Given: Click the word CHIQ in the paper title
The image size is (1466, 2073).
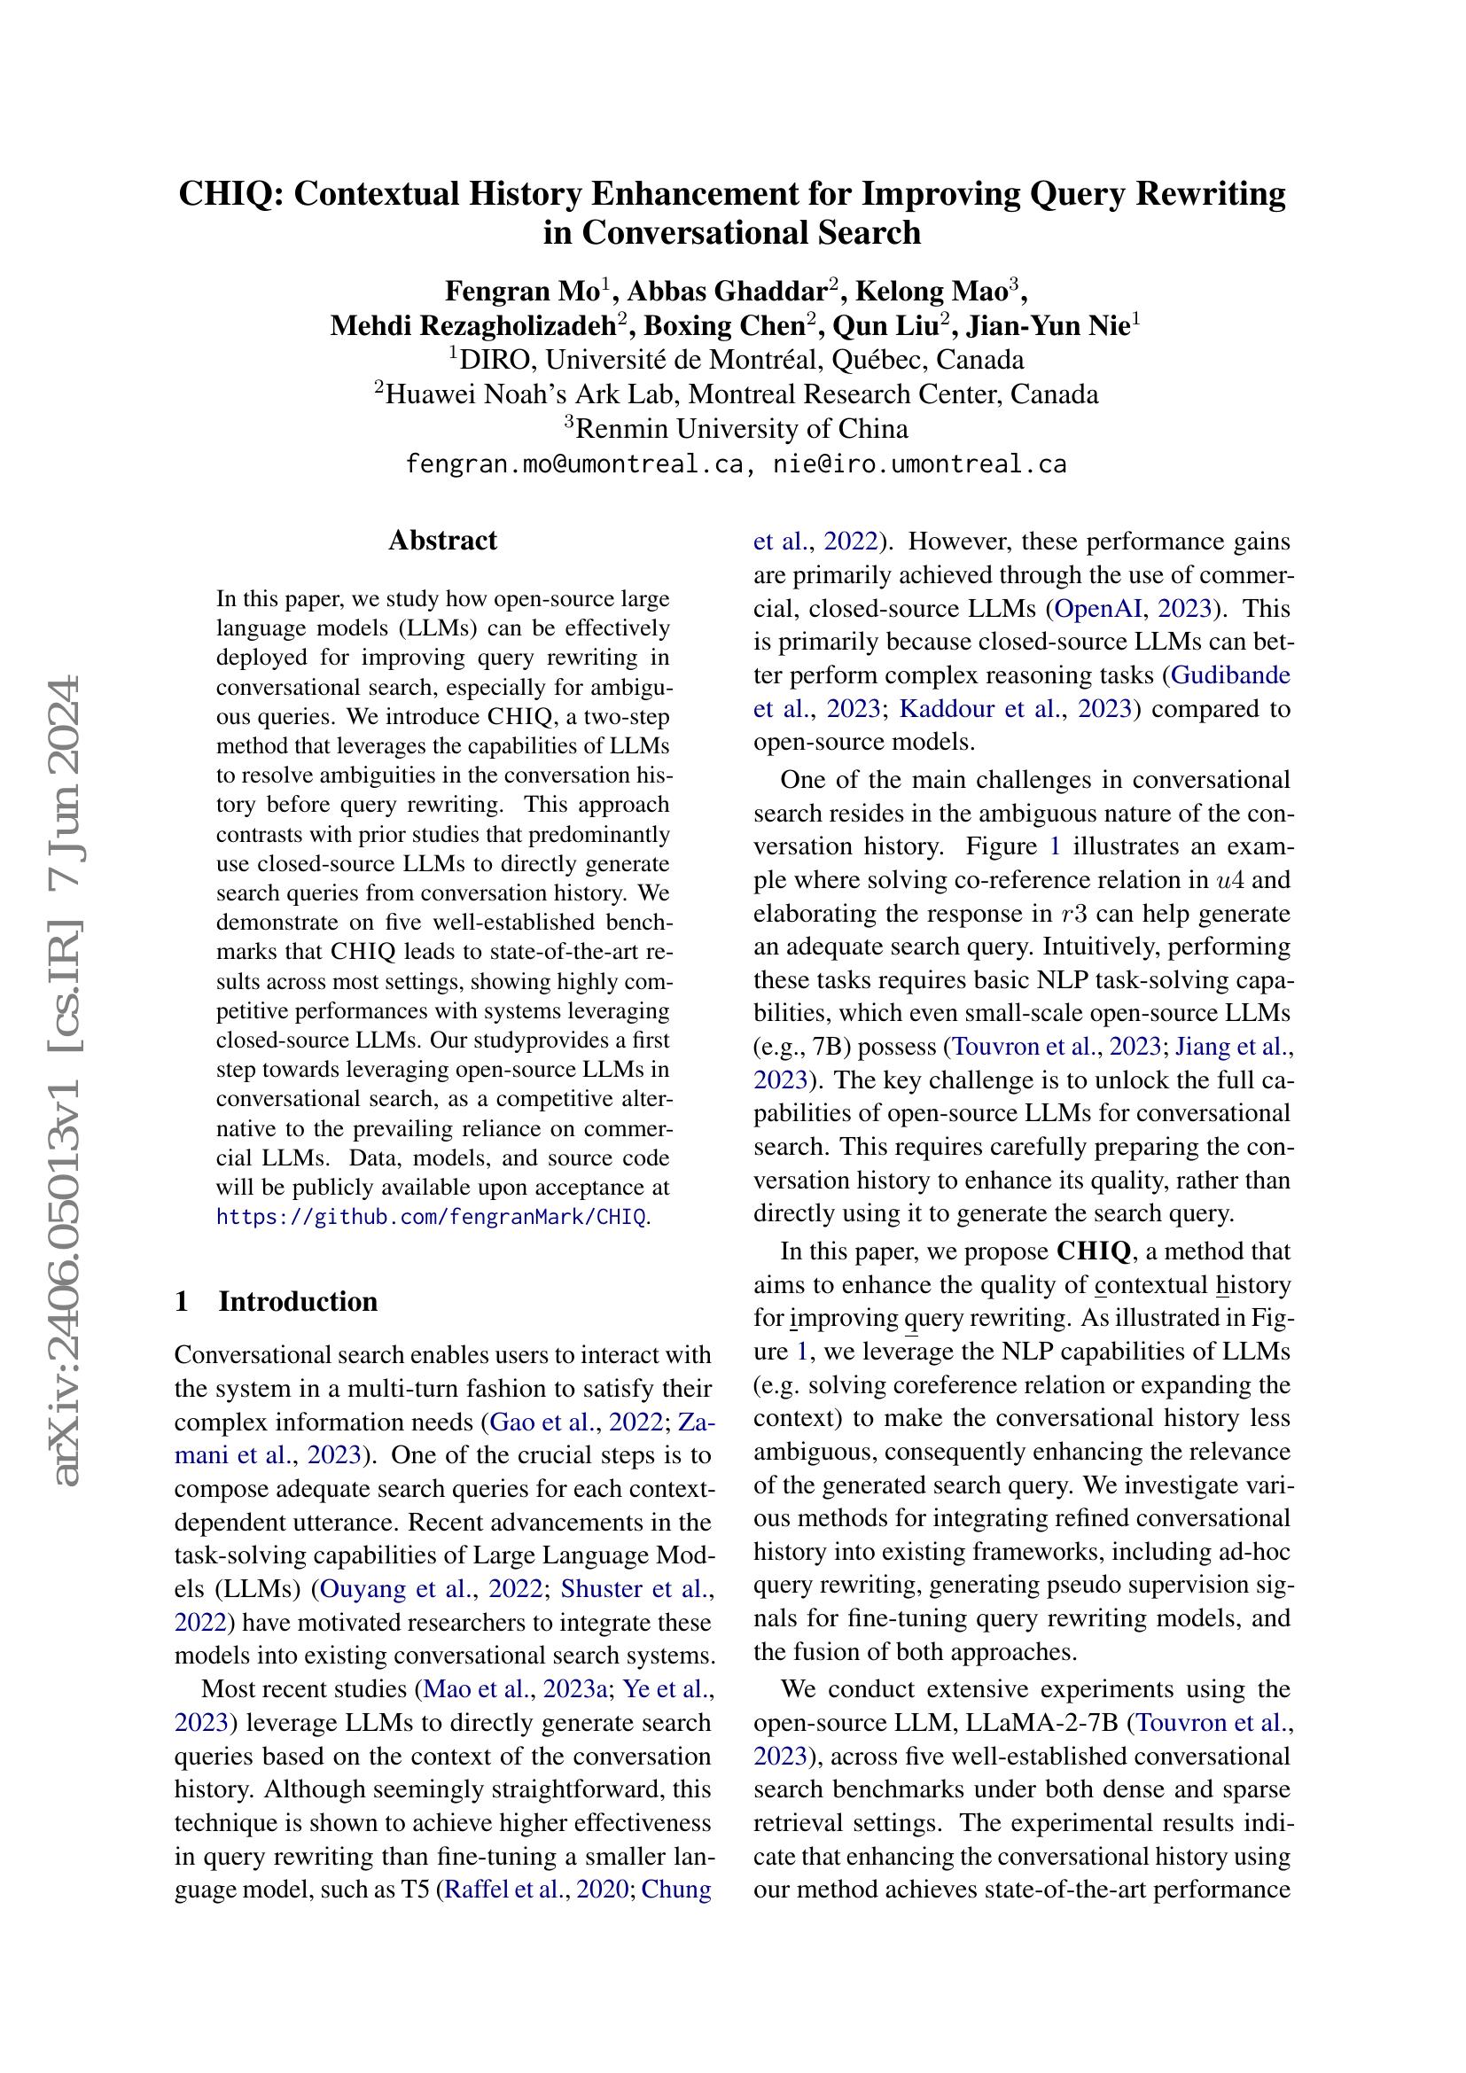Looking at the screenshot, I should pos(227,194).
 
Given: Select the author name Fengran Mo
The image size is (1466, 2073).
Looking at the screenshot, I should pos(522,291).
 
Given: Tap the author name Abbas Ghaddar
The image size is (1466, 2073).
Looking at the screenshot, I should pos(727,291).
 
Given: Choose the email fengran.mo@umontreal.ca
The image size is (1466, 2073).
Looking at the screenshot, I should pos(575,464).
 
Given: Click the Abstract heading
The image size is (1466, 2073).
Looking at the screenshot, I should pos(442,540).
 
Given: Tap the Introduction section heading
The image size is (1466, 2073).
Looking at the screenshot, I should pos(298,1301).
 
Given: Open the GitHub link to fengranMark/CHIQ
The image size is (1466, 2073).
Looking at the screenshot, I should pos(431,1216).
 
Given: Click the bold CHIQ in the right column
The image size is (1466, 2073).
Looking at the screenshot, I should pos(1093,1251).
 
